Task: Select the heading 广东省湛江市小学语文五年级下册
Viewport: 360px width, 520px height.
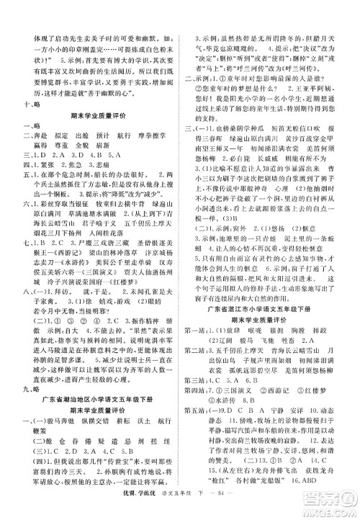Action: (x=270, y=309)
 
